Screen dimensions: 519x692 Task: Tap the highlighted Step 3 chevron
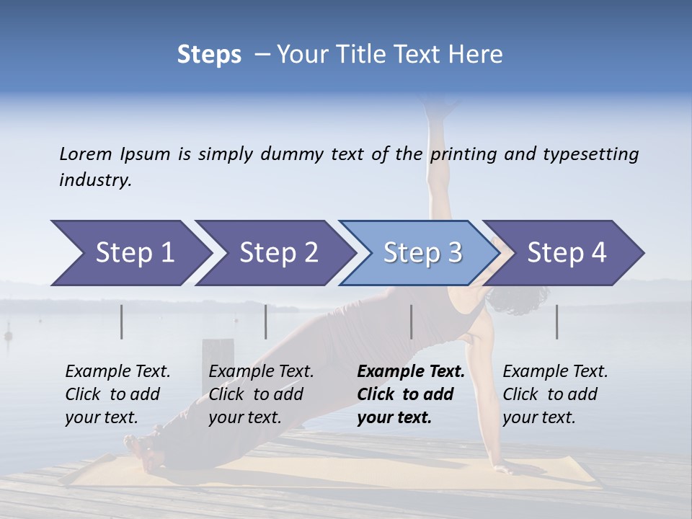click(x=421, y=253)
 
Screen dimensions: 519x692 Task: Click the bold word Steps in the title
click(x=209, y=55)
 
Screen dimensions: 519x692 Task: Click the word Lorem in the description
click(x=86, y=154)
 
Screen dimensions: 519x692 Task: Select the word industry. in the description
click(x=95, y=180)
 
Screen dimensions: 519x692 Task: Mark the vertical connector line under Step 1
click(x=121, y=321)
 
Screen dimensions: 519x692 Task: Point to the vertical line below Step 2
click(x=265, y=321)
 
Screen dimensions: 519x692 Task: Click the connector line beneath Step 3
click(x=411, y=321)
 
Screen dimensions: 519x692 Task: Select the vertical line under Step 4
click(x=556, y=321)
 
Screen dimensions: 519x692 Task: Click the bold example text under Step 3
click(x=410, y=394)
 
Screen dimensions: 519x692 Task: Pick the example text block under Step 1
click(x=117, y=394)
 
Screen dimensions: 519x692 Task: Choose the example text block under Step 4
click(x=555, y=394)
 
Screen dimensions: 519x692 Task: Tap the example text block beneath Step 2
click(x=261, y=394)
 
